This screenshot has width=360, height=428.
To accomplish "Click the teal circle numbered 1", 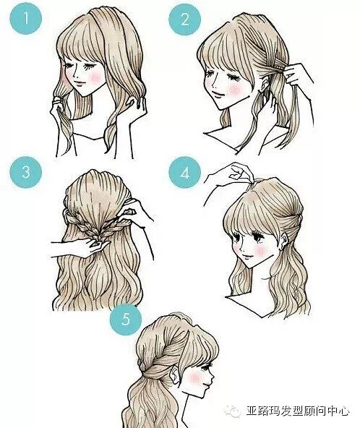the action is point(25,19).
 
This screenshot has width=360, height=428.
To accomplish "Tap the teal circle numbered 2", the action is point(185,20).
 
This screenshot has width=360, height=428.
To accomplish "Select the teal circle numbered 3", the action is point(25,172).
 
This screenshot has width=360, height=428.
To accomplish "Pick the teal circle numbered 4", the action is point(185,173).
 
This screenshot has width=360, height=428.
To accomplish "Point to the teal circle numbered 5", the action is point(126,319).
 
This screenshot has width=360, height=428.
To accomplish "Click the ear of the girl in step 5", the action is point(175,374).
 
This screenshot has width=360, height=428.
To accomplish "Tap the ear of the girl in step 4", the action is point(284,241).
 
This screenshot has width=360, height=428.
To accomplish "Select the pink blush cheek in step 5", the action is point(196,377).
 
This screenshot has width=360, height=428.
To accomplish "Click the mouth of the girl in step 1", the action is point(79,82).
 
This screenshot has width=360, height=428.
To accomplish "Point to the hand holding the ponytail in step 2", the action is point(297,74).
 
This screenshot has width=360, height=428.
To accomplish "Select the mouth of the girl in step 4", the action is point(247,257).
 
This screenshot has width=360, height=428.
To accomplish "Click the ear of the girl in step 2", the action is point(265,82).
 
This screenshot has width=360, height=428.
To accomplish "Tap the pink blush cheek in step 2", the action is point(234,89).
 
